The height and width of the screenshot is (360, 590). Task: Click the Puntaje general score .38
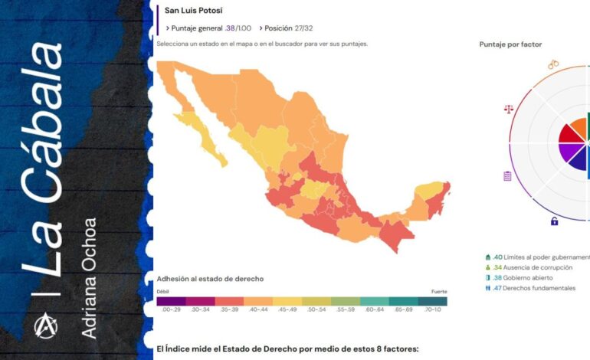tap(230, 28)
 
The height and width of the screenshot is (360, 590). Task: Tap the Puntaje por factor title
tap(510, 44)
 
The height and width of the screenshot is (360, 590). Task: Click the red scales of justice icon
tap(509, 108)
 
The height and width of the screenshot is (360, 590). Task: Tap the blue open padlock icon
tap(554, 221)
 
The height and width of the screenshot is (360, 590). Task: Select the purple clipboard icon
tap(507, 176)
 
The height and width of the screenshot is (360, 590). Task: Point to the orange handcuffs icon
tap(553, 64)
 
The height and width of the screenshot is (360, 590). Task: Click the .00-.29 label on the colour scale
tap(171, 309)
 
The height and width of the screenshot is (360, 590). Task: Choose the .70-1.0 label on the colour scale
tap(431, 309)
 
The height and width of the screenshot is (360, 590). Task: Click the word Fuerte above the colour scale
tap(438, 292)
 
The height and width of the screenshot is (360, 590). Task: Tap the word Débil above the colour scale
tap(163, 292)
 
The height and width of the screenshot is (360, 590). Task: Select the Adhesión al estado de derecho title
tap(209, 279)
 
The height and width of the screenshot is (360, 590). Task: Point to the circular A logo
tap(44, 326)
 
